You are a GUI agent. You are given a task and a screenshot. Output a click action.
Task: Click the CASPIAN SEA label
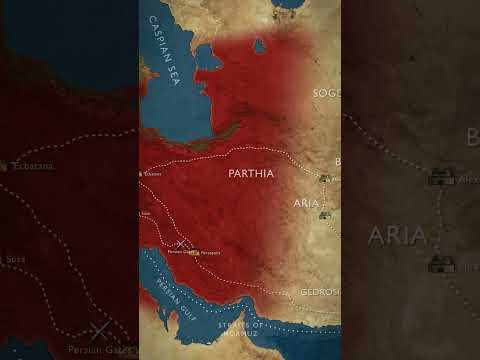(x=163, y=57)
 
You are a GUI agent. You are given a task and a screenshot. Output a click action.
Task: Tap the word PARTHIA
(x=251, y=172)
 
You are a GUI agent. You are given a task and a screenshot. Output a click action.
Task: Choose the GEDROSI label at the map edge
(x=320, y=292)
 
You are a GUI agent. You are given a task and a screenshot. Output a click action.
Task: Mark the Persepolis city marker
(x=197, y=251)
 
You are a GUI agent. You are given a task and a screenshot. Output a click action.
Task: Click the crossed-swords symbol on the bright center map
(x=179, y=243)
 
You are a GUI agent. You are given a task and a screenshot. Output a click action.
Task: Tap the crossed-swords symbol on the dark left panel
(x=98, y=330)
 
